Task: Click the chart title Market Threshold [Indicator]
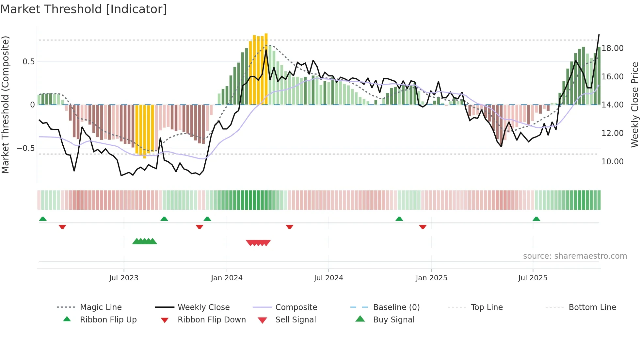[x=84, y=9]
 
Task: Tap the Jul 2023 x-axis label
[x=124, y=278]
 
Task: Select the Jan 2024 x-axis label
[x=227, y=278]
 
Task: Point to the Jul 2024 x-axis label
[x=328, y=278]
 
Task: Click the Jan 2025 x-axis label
[x=431, y=278]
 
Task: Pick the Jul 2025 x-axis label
[x=533, y=278]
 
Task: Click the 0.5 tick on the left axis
[x=29, y=62]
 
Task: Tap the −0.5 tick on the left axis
[x=26, y=148]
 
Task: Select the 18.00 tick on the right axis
[x=613, y=48]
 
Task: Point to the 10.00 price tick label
[x=613, y=162]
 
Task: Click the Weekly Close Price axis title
[x=634, y=105]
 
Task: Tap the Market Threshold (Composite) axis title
[x=5, y=105]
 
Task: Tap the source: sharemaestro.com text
[x=575, y=256]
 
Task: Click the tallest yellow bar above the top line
[x=266, y=69]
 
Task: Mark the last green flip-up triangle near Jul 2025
[x=536, y=219]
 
